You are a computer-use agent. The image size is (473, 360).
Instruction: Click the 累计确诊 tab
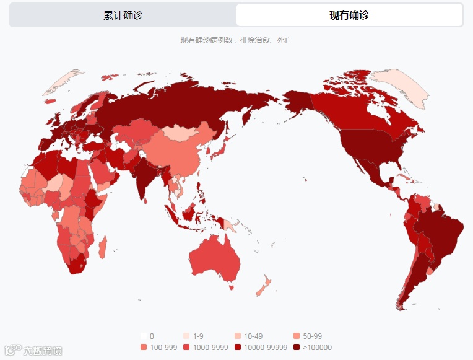tap(123, 15)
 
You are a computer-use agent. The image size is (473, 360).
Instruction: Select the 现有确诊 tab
tap(349, 15)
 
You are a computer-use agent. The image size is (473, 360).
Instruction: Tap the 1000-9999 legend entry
tap(209, 348)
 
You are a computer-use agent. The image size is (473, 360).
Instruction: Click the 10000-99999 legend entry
tap(266, 348)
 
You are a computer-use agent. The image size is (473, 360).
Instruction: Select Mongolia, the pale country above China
tap(185, 132)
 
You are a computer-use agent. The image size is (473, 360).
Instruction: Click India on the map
tap(147, 175)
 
